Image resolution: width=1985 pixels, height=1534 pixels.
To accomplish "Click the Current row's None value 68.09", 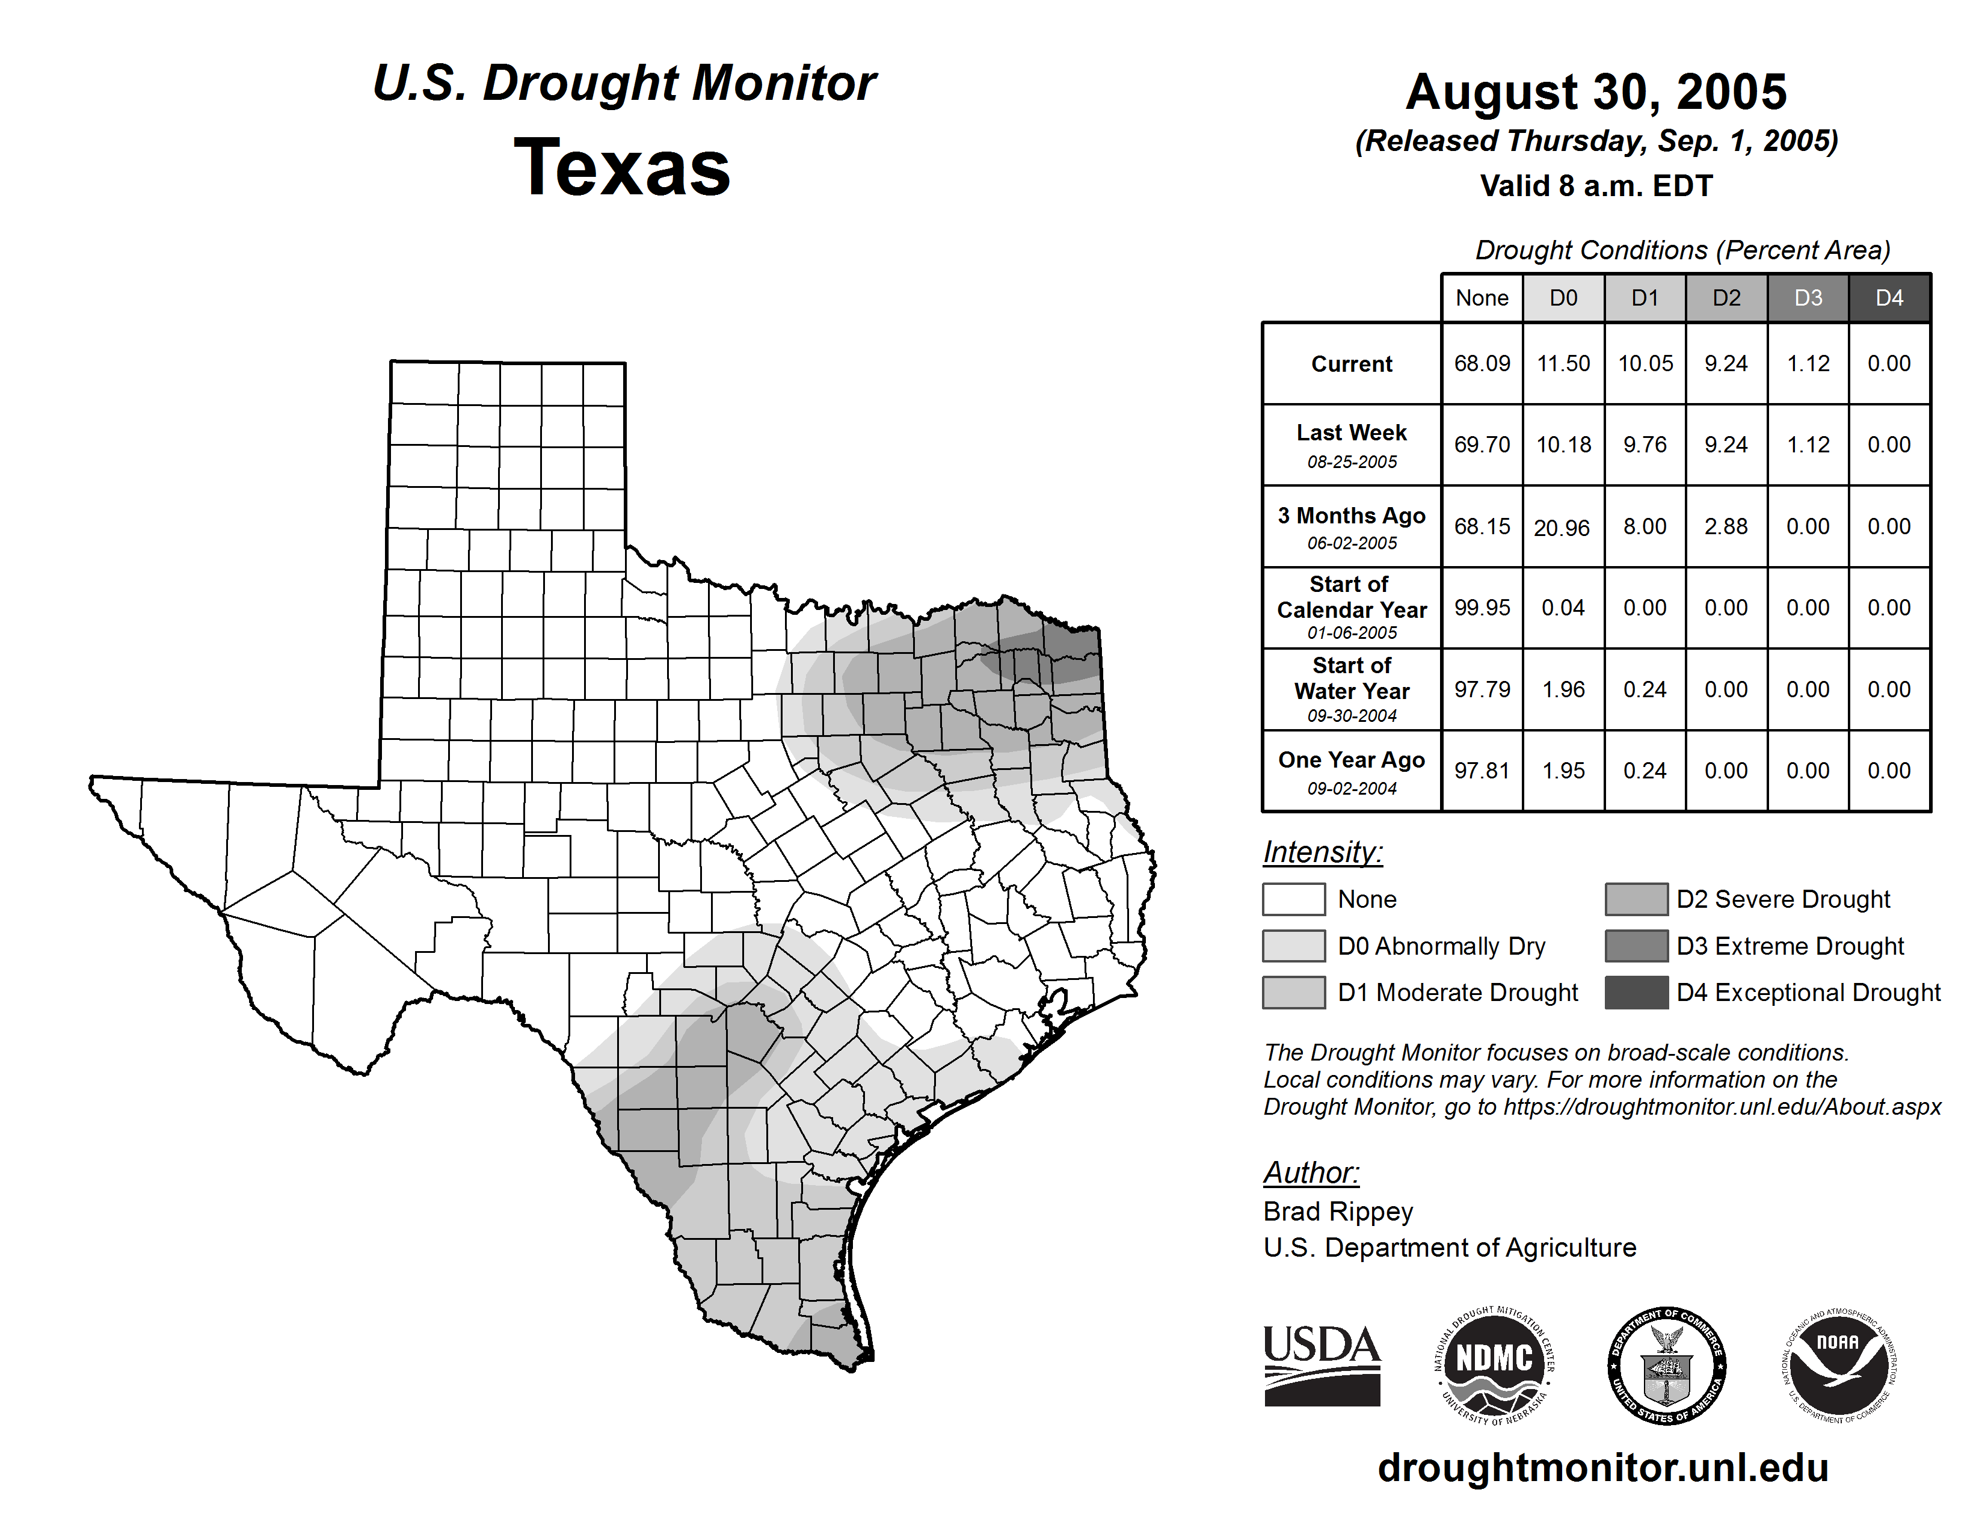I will click(x=1482, y=363).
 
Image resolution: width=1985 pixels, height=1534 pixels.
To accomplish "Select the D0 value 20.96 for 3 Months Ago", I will click(x=1562, y=527).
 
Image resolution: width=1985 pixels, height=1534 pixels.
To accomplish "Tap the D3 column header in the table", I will click(x=1808, y=298).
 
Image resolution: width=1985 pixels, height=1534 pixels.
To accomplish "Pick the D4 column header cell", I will click(x=1889, y=298).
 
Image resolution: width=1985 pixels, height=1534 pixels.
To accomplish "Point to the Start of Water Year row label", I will click(x=1352, y=689).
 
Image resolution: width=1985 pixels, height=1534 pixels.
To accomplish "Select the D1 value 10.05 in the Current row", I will click(x=1645, y=363).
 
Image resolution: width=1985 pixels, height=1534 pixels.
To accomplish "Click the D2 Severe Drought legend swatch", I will click(x=1636, y=899).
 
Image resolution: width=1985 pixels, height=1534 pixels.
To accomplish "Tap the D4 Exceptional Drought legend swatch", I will click(x=1636, y=993).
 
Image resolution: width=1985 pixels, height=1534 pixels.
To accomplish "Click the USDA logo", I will click(x=1322, y=1365).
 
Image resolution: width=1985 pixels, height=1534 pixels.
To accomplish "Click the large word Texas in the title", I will click(x=623, y=167).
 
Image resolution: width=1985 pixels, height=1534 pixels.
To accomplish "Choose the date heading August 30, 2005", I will click(x=1596, y=92).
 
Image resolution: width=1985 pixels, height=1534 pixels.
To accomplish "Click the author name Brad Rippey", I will click(x=1338, y=1212).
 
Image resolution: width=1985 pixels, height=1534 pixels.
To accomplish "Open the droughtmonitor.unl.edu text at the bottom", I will click(x=1602, y=1468).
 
